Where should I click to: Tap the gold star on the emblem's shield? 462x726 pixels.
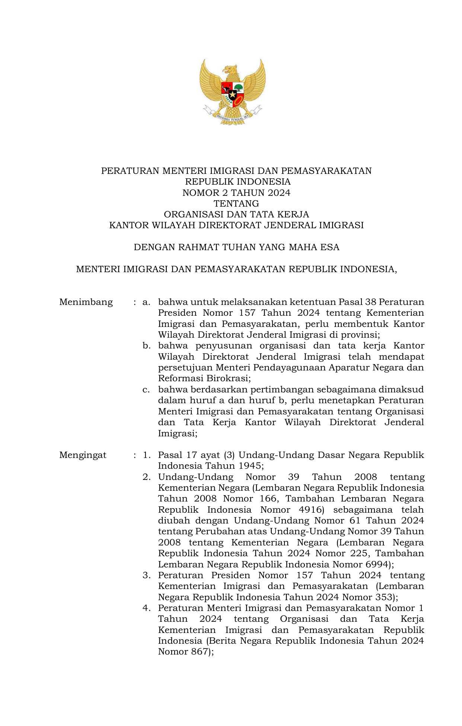click(x=233, y=95)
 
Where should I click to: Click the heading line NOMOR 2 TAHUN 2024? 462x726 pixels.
click(x=236, y=193)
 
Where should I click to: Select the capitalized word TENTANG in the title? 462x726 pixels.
click(x=236, y=204)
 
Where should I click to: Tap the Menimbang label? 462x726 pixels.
click(x=86, y=302)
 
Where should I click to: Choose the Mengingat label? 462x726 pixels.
click(x=83, y=455)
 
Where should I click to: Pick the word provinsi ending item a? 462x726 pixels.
click(x=360, y=335)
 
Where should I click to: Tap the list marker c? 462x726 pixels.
click(x=146, y=390)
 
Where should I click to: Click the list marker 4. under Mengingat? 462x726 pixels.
click(x=146, y=608)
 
